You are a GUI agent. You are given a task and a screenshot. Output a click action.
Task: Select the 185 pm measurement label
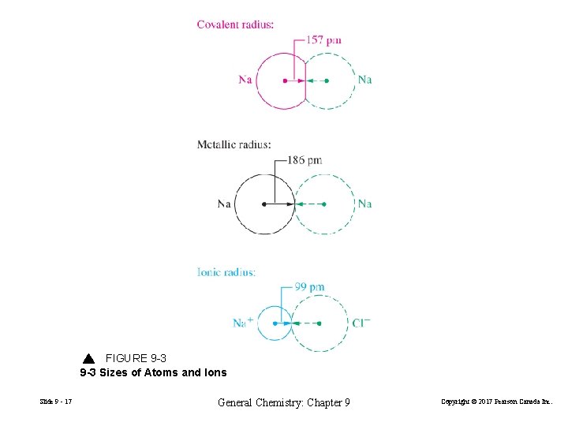[305, 160]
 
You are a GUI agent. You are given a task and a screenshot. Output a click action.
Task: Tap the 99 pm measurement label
[309, 287]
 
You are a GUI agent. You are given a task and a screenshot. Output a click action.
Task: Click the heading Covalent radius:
[235, 24]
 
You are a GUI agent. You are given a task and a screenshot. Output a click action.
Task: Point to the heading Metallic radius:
[234, 144]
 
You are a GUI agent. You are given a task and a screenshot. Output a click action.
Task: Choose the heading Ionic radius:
[226, 272]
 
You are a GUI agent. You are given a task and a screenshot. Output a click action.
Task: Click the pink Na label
[245, 80]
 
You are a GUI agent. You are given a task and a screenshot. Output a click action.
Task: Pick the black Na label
[225, 204]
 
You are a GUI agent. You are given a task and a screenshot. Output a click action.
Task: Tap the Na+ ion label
[243, 322]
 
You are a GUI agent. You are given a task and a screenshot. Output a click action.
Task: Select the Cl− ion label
[361, 323]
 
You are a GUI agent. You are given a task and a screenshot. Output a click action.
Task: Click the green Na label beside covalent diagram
[364, 80]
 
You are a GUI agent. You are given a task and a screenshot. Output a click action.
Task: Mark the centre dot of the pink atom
[284, 80]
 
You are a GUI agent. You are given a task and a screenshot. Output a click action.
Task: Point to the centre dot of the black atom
[263, 204]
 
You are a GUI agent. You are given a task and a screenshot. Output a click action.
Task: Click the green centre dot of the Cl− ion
[319, 323]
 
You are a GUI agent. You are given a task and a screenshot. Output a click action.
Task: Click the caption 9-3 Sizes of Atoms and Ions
[153, 372]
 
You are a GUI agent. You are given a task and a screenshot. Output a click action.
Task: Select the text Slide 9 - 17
[55, 402]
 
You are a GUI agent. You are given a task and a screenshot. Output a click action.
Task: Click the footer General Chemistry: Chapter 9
[283, 403]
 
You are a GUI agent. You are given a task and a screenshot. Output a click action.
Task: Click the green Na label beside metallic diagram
[364, 204]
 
